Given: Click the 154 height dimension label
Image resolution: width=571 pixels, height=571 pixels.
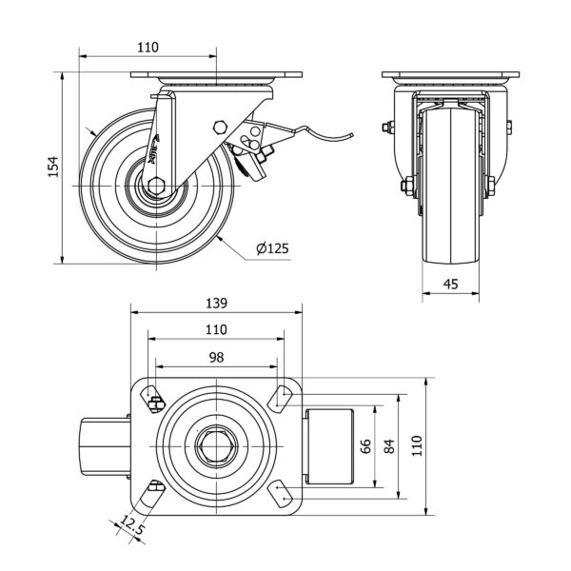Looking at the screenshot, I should pyautogui.click(x=54, y=167).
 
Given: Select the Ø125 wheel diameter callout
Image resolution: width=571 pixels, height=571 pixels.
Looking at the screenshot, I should pyautogui.click(x=272, y=249).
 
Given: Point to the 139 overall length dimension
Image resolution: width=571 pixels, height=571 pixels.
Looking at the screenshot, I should pyautogui.click(x=216, y=304).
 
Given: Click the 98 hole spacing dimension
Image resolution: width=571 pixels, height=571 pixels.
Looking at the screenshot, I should pyautogui.click(x=216, y=357).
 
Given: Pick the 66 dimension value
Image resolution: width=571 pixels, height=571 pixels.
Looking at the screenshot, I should pyautogui.click(x=364, y=445).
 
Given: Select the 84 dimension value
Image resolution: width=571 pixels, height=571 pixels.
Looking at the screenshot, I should pyautogui.click(x=389, y=445).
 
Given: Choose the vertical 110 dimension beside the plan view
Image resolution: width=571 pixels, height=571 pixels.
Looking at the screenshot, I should pyautogui.click(x=417, y=445).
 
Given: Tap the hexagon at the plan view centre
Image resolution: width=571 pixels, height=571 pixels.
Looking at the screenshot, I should pyautogui.click(x=216, y=445).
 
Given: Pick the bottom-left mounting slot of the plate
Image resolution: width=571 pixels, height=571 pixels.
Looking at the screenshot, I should pyautogui.click(x=152, y=492).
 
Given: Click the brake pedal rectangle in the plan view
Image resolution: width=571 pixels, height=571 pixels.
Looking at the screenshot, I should pyautogui.click(x=329, y=445).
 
